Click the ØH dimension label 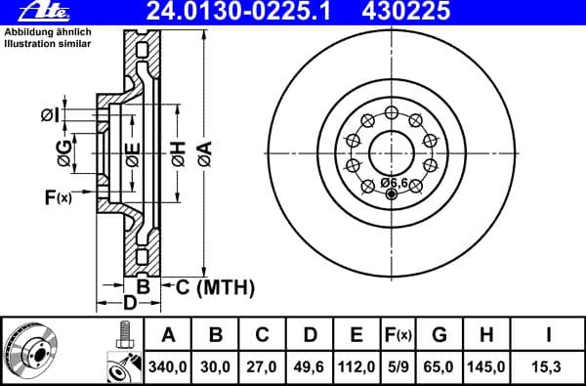[x=177, y=151]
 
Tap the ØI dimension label [x=51, y=115]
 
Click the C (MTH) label [x=215, y=287]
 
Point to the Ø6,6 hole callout [x=394, y=183]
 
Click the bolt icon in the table [x=123, y=337]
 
